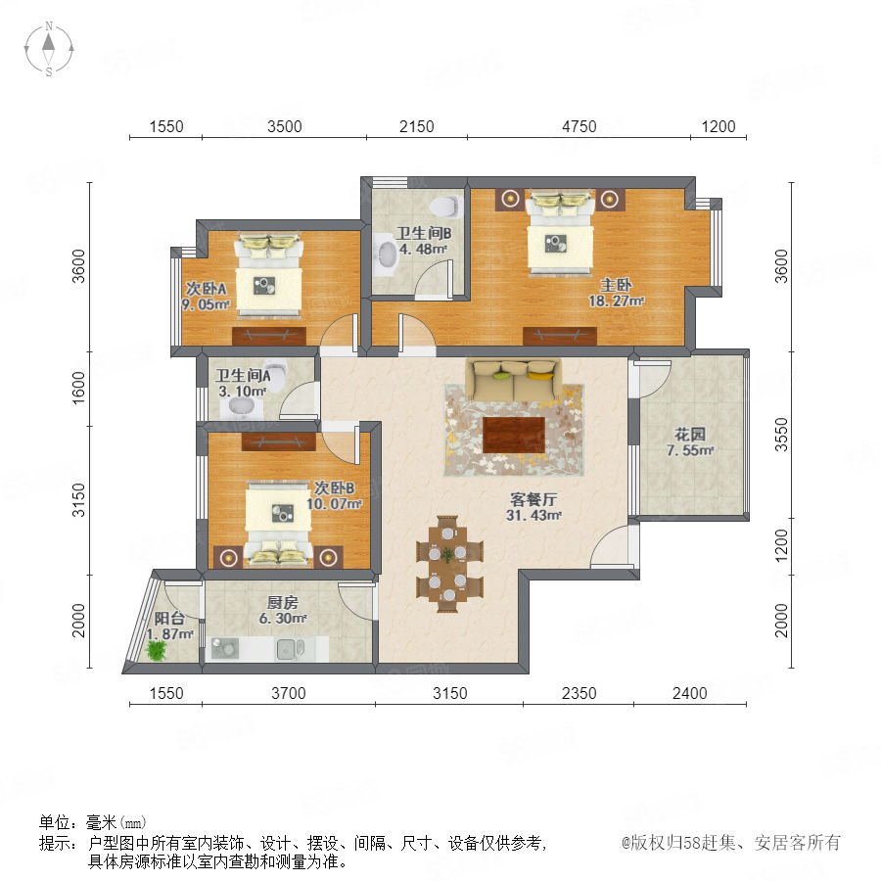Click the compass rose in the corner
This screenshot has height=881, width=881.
pyautogui.click(x=49, y=48)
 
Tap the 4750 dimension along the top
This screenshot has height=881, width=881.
pyautogui.click(x=579, y=126)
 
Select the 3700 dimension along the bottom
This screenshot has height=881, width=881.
pyautogui.click(x=288, y=693)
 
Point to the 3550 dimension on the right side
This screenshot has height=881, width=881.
pyautogui.click(x=781, y=435)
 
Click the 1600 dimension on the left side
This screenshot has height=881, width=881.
pyautogui.click(x=78, y=387)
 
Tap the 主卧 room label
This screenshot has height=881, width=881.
pyautogui.click(x=616, y=285)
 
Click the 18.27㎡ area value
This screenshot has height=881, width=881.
pyautogui.click(x=616, y=301)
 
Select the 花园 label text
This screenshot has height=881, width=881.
pyautogui.click(x=690, y=435)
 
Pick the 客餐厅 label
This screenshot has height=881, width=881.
pyautogui.click(x=533, y=499)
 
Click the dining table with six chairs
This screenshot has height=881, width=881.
pyautogui.click(x=449, y=564)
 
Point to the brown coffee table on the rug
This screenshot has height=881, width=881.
pyautogui.click(x=514, y=435)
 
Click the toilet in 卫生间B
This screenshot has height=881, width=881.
pyautogui.click(x=446, y=206)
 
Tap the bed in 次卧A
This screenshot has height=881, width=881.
pyautogui.click(x=268, y=275)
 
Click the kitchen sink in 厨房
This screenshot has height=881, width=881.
pyautogui.click(x=290, y=649)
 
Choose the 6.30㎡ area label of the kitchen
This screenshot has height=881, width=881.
pyautogui.click(x=283, y=619)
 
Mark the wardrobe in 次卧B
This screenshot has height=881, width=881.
pyautogui.click(x=279, y=441)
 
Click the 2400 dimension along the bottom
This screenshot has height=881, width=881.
pyautogui.click(x=689, y=693)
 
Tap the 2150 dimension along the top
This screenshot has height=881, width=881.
pyautogui.click(x=416, y=126)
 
